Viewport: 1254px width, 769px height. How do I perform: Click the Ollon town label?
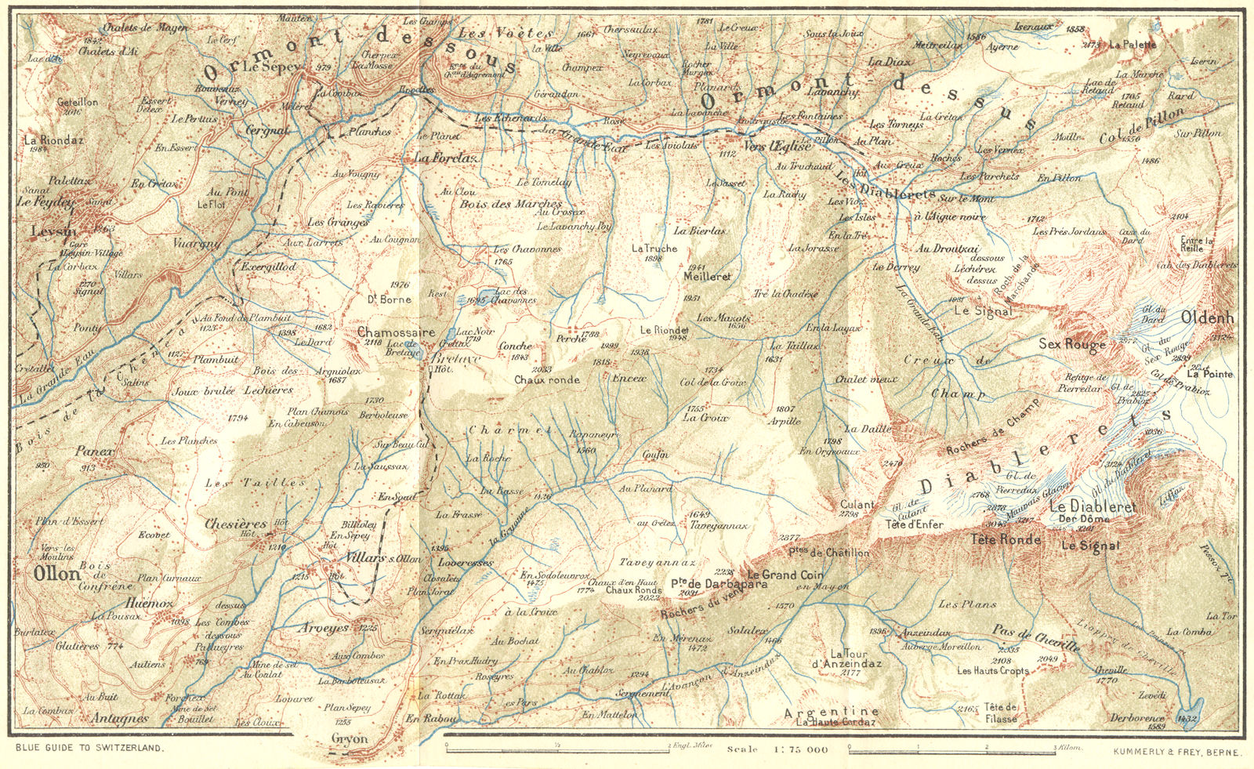click(57, 573)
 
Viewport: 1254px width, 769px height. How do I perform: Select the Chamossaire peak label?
click(396, 332)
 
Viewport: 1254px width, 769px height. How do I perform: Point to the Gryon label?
click(349, 738)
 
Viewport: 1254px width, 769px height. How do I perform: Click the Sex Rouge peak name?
click(1072, 343)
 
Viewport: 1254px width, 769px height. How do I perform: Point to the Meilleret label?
click(707, 277)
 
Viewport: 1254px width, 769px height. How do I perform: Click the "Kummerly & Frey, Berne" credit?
click(1176, 751)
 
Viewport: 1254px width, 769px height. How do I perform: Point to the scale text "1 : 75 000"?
click(797, 749)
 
